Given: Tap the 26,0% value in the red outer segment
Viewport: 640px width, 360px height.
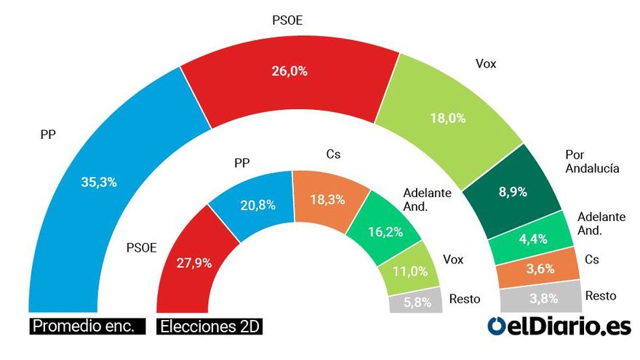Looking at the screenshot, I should pyautogui.click(x=289, y=71).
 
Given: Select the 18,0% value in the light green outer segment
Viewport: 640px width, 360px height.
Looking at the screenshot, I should pyautogui.click(x=449, y=118).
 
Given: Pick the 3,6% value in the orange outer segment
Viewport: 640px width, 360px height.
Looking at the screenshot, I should pyautogui.click(x=539, y=268).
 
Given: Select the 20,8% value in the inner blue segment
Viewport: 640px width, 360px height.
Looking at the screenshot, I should pyautogui.click(x=257, y=205).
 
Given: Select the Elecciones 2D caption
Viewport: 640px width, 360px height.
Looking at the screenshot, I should pyautogui.click(x=209, y=326).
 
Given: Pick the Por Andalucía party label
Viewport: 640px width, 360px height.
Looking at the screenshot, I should pyautogui.click(x=592, y=161).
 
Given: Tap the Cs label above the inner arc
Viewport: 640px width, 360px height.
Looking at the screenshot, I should pyautogui.click(x=333, y=154).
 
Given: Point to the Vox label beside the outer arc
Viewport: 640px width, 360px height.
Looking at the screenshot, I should pyautogui.click(x=485, y=63).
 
